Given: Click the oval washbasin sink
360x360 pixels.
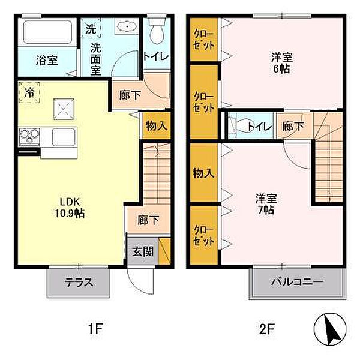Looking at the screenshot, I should [127, 28].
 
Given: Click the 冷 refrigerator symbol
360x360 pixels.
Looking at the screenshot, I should [29, 92].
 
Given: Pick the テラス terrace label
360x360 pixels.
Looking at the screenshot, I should [79, 282].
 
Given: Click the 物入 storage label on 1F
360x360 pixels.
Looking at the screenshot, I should [156, 126].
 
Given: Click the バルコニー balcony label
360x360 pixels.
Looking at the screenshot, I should [296, 281].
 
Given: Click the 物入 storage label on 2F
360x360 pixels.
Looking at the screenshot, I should [203, 173].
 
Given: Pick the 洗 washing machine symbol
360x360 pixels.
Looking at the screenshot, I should [91, 28].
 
